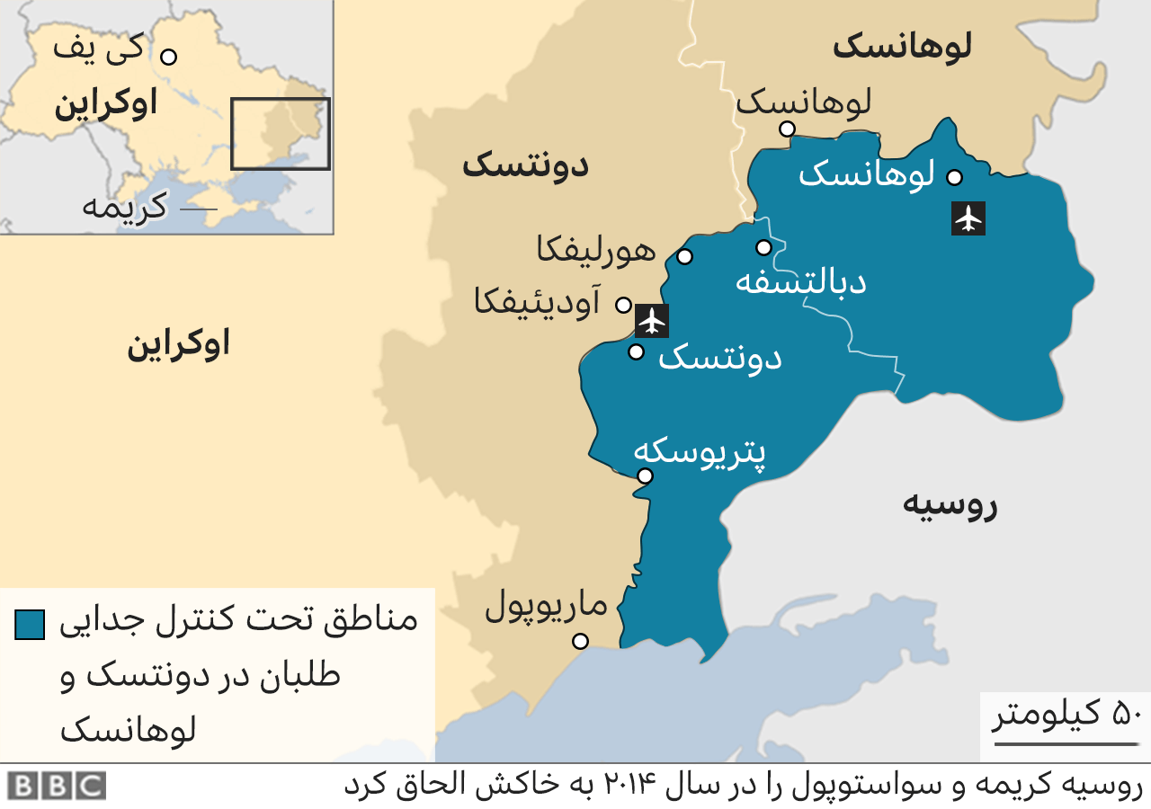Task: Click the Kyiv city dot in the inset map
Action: point(168,57)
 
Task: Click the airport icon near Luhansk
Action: point(968,218)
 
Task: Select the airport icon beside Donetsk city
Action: point(652,320)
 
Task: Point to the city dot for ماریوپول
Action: point(580,641)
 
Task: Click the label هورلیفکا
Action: point(596,250)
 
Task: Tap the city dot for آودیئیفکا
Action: point(622,305)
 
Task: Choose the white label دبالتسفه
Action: point(800,281)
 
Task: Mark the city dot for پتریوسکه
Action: point(645,476)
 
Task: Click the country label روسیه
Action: point(950,505)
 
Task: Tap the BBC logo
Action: point(58,786)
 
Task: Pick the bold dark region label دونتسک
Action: point(525,165)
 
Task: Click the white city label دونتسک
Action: point(720,359)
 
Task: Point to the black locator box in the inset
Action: point(281,134)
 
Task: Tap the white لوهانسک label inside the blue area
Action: point(867,173)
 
